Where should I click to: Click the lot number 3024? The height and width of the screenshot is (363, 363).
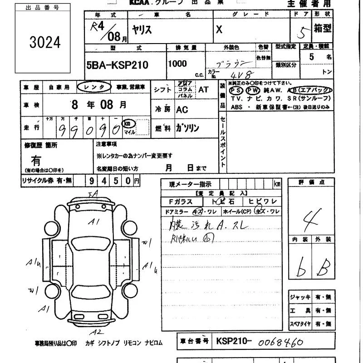pyautogui.click(x=44, y=43)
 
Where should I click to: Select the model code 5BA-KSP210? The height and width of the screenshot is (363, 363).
pyautogui.click(x=117, y=65)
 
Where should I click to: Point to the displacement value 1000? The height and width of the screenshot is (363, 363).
pyautogui.click(x=177, y=64)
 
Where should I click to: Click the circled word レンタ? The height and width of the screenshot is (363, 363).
pyautogui.click(x=93, y=87)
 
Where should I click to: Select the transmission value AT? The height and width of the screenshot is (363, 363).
pyautogui.click(x=203, y=89)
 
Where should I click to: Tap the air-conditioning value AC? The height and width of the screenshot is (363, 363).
pyautogui.click(x=182, y=109)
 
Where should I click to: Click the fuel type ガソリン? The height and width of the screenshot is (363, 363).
pyautogui.click(x=187, y=128)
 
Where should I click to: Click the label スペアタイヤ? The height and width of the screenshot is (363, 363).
pyautogui.click(x=300, y=324)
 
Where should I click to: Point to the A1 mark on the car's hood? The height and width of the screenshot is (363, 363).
pyautogui.click(x=94, y=222)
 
